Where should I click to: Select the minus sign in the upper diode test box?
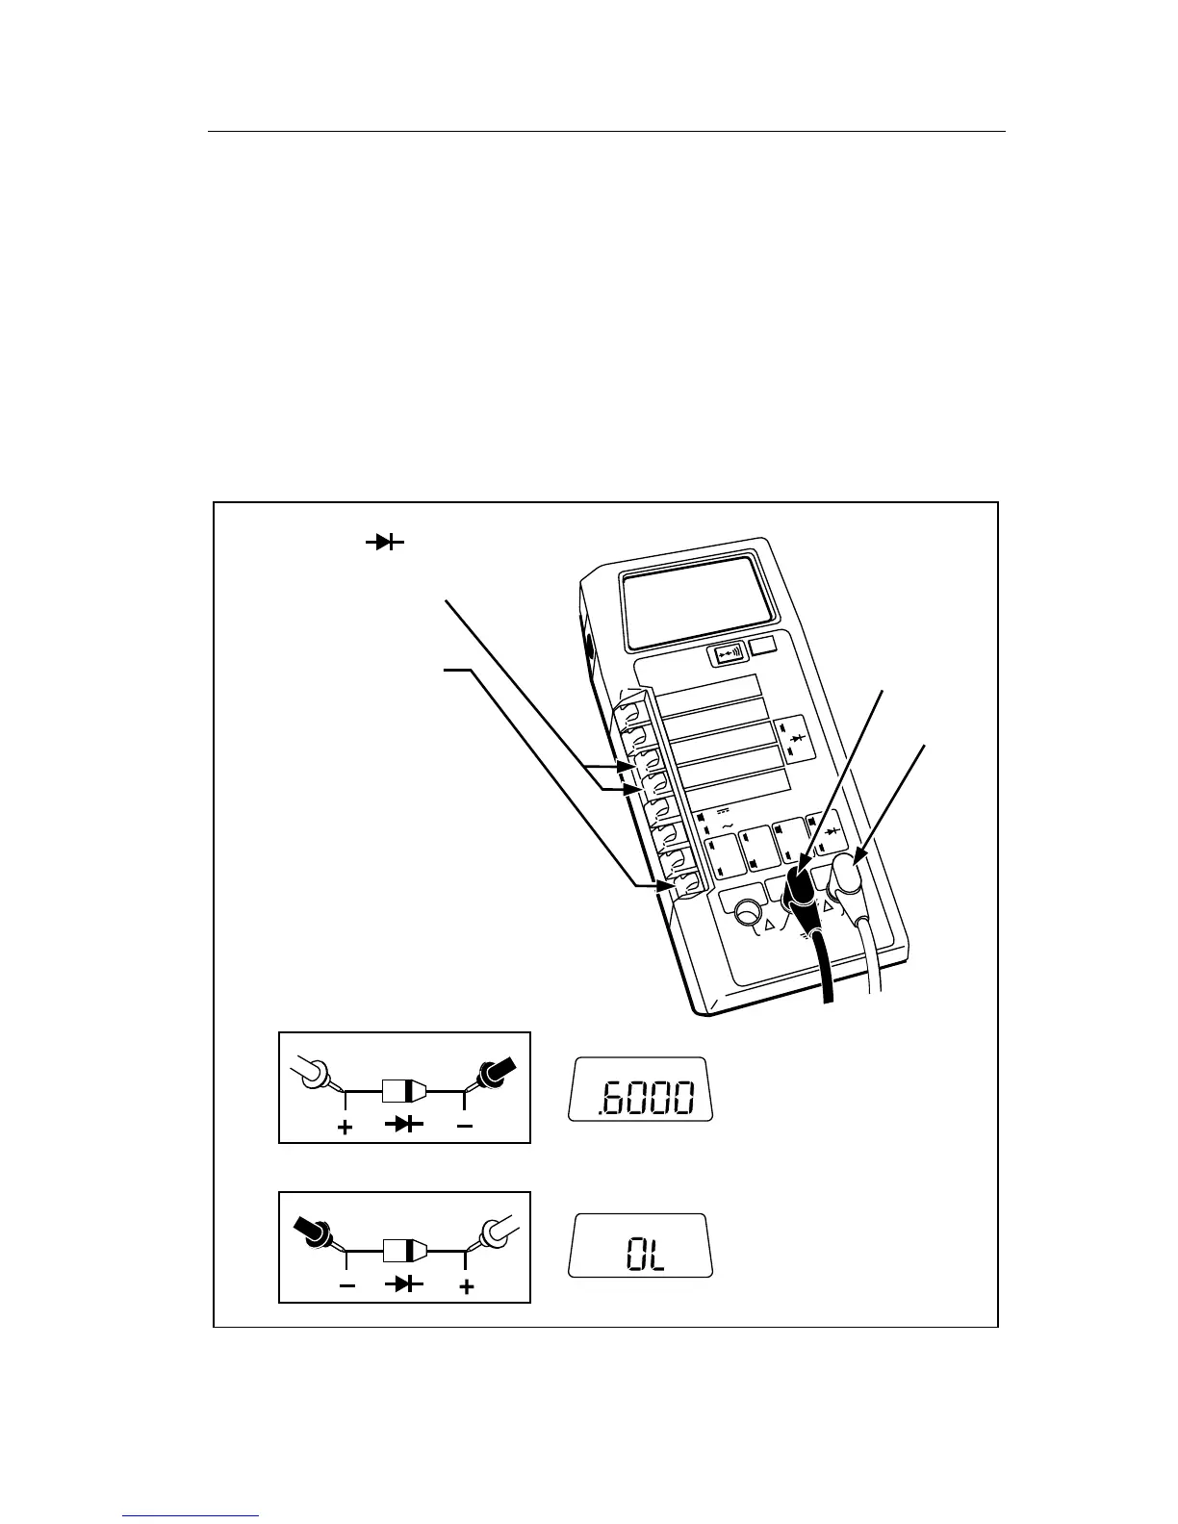464,1124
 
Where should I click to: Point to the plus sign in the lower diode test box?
466,1284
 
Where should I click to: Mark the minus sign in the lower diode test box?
346,1284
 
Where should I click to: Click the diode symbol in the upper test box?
403,1123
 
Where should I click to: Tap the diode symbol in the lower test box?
405,1283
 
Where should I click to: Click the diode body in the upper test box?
404,1091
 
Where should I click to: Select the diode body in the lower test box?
404,1251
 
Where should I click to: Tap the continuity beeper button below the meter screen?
726,654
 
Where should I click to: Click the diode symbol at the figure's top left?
383,543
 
